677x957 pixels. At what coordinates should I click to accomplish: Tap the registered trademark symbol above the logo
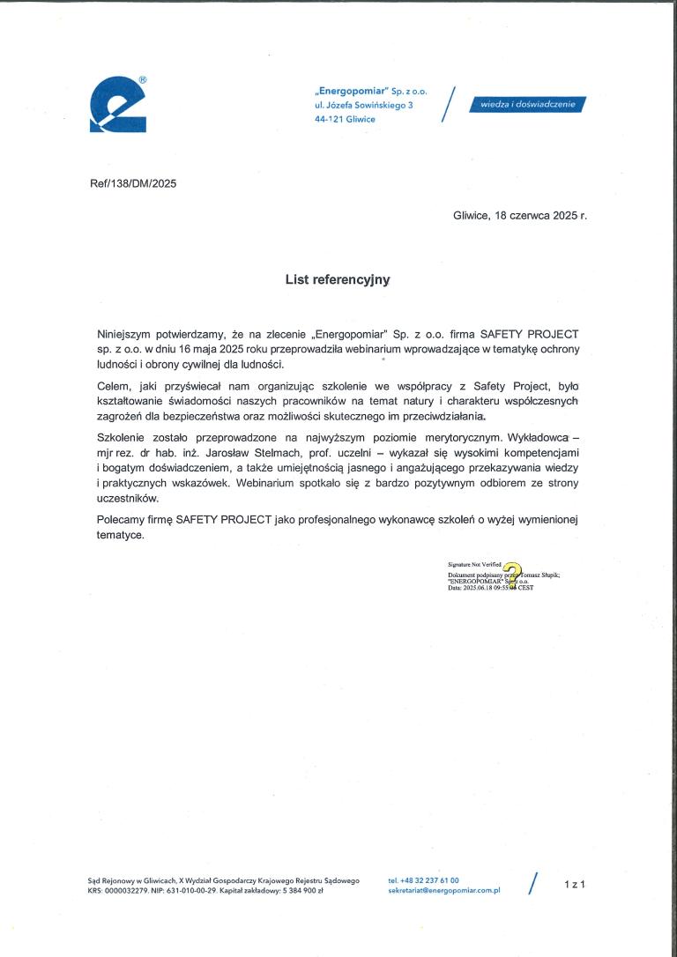point(143,80)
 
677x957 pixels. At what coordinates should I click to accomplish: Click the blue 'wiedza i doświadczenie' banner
point(528,104)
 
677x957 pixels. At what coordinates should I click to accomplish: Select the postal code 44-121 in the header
point(330,119)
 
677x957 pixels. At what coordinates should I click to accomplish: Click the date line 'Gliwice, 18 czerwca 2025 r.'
point(519,215)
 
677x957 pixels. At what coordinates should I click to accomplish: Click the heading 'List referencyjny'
point(337,280)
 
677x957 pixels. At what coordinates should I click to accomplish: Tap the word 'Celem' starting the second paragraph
point(114,387)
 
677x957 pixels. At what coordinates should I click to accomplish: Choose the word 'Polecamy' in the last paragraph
point(122,520)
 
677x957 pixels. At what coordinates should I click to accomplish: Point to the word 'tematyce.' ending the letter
point(120,535)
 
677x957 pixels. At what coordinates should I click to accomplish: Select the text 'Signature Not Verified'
point(474,562)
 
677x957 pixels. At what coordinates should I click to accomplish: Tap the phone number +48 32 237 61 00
point(423,879)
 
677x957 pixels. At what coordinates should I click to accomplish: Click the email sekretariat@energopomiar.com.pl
point(443,891)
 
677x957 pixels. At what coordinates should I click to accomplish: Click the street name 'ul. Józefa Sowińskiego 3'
point(363,105)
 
